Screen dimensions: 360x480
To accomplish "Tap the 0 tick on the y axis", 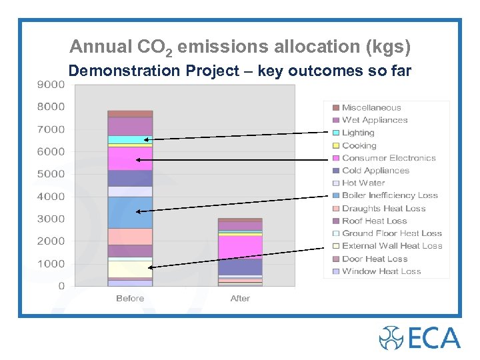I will pos(61,286).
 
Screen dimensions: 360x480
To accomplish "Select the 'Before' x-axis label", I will pos(130,299).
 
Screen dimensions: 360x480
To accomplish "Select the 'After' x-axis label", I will pos(240,299).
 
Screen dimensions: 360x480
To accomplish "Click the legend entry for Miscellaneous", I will pos(371,107).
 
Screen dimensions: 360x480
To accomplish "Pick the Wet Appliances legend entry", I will pos(375,120).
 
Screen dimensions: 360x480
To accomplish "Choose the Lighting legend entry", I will pos(358,133).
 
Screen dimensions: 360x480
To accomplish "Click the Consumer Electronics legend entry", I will pos(389,158).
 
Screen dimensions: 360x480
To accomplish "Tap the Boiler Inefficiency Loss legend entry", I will pos(390,195).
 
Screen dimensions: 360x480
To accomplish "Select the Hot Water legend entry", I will pos(363,183).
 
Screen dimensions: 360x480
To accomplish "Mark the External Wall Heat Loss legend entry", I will pos(392,246).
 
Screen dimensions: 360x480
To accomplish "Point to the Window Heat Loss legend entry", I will pos(381,271).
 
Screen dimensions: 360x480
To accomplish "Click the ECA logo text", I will pos(433,338).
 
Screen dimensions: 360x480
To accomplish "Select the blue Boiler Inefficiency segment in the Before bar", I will pos(130,213).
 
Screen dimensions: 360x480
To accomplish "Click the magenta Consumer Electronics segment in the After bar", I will pos(240,247).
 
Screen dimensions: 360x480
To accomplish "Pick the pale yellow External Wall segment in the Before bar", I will pos(130,269).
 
